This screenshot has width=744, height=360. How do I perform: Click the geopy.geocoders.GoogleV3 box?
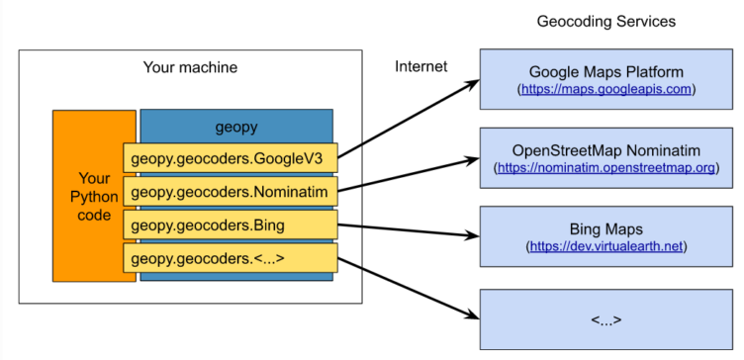click(233, 157)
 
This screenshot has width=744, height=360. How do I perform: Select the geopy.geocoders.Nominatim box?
click(233, 191)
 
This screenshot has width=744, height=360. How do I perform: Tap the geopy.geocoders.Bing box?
click(233, 225)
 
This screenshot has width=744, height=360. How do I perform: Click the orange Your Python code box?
click(94, 197)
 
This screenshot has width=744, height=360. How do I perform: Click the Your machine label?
click(191, 67)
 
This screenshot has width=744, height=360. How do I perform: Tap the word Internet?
click(421, 67)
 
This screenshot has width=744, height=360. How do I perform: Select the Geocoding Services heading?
click(606, 20)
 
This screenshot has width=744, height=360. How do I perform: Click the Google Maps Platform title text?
click(606, 72)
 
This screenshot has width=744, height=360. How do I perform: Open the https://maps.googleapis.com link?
click(606, 90)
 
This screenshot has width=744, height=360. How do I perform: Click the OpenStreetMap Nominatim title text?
click(606, 150)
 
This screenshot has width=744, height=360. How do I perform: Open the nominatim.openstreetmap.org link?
click(606, 168)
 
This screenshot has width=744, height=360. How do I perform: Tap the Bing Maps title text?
click(606, 228)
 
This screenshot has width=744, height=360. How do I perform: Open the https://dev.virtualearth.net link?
click(606, 246)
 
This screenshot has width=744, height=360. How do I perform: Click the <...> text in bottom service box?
click(606, 319)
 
